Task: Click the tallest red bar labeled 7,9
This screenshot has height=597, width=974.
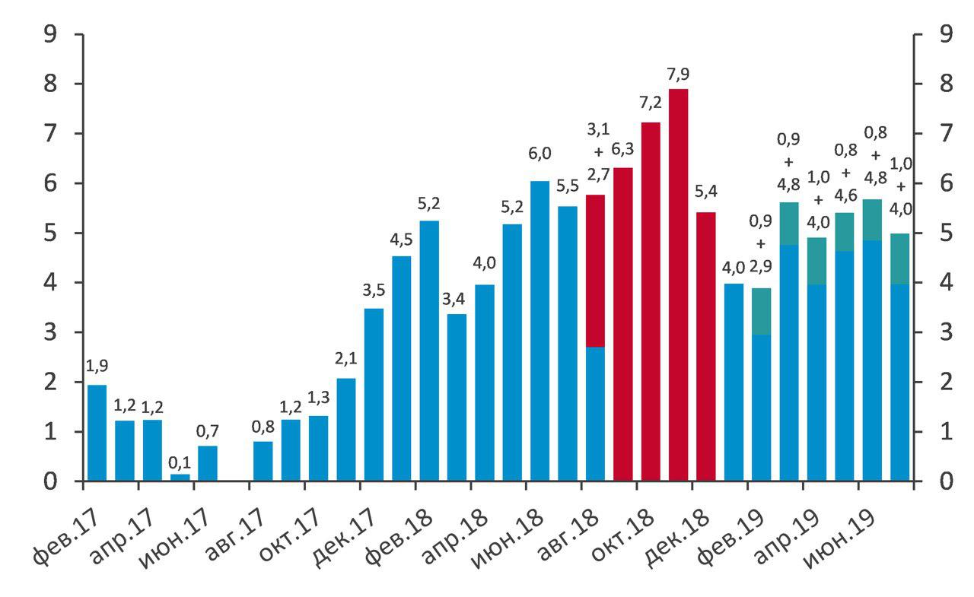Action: point(679,285)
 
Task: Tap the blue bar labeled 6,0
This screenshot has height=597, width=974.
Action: point(540,331)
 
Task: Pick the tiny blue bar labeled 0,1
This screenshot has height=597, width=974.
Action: point(180,478)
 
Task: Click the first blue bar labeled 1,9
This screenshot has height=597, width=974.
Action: point(97,433)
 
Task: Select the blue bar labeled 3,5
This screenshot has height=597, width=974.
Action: point(374,395)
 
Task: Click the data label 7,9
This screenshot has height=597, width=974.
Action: point(678,75)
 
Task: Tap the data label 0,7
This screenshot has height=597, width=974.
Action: point(208,431)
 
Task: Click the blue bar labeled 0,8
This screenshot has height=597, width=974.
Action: point(263,461)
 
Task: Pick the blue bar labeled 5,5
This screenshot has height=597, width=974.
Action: point(568,344)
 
